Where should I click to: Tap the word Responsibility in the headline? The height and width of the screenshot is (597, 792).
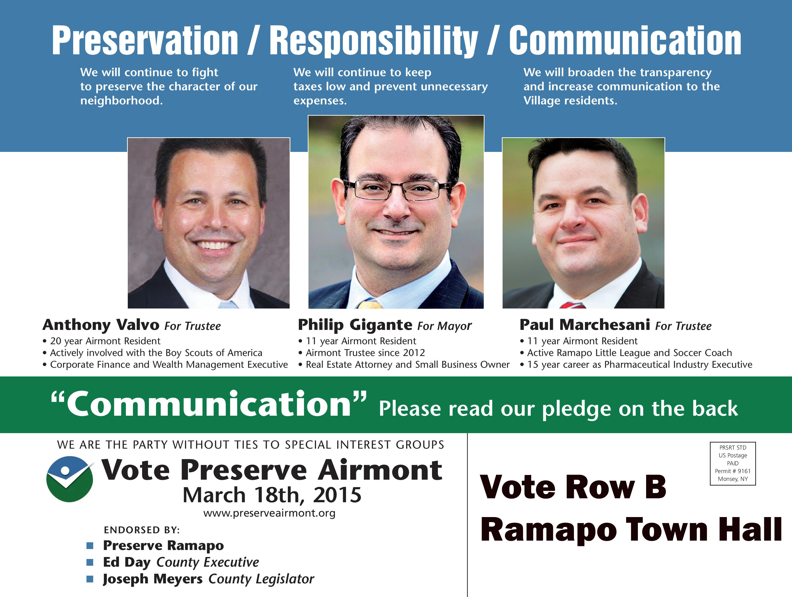pos(373,41)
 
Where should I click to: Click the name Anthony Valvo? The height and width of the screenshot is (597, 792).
pos(101,325)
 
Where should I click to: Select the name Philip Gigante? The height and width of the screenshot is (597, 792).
pos(355,325)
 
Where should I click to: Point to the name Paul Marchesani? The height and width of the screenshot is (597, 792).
pos(585,325)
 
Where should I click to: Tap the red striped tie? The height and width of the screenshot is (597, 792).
pos(572,305)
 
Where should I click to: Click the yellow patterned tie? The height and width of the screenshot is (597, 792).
pos(370,304)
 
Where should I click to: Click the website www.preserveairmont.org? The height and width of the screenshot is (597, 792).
pos(269,513)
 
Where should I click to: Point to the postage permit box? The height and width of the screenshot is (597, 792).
pos(732,464)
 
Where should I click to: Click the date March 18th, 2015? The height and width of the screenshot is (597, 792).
pos(272,495)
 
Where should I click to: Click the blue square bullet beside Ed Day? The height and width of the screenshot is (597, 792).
pos(90,562)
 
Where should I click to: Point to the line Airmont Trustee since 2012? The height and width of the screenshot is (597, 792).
pos(365,353)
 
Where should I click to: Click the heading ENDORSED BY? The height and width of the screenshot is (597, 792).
pos(142,530)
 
